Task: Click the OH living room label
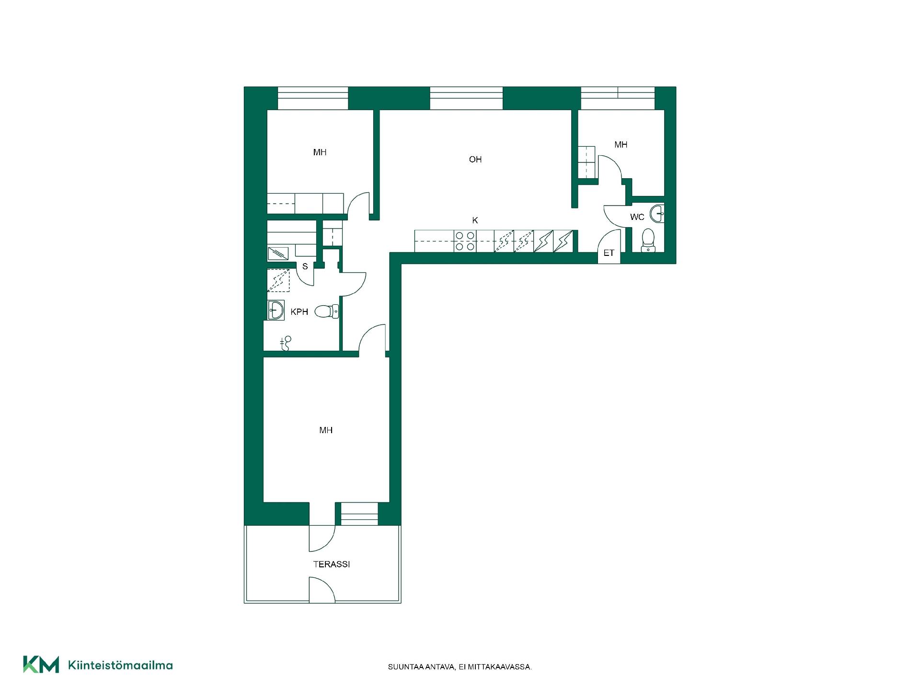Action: pyautogui.click(x=475, y=160)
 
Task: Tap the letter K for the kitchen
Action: pyautogui.click(x=475, y=220)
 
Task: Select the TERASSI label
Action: pyautogui.click(x=332, y=564)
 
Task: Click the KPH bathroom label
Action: pyautogui.click(x=299, y=312)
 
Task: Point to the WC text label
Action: pyautogui.click(x=637, y=217)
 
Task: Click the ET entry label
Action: pyautogui.click(x=609, y=253)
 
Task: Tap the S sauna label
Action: pyautogui.click(x=305, y=267)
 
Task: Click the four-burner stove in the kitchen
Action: pyautogui.click(x=464, y=241)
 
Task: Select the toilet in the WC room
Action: pyautogui.click(x=648, y=241)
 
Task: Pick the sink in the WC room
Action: pyautogui.click(x=657, y=213)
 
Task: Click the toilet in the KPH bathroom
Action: pyautogui.click(x=327, y=311)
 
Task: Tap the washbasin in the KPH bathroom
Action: pyautogui.click(x=276, y=310)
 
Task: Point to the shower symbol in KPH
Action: pyautogui.click(x=286, y=342)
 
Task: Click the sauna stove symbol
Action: pyautogui.click(x=278, y=253)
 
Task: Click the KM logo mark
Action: pyautogui.click(x=41, y=665)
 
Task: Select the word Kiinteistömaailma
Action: pyautogui.click(x=121, y=665)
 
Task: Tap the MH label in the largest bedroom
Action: pyautogui.click(x=326, y=430)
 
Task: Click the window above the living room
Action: pyautogui.click(x=466, y=98)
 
